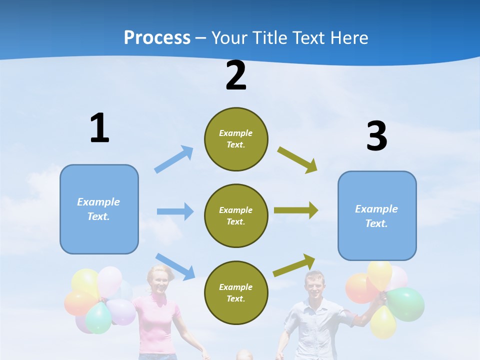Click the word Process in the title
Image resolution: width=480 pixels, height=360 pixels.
click(157, 38)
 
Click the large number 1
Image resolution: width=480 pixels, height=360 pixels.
click(99, 128)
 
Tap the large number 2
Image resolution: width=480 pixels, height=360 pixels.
click(236, 75)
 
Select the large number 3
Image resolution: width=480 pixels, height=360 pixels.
click(376, 136)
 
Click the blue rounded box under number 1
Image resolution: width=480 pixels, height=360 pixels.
click(99, 209)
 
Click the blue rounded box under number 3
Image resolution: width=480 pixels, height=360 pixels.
click(377, 215)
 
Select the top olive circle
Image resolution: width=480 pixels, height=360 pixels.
click(236, 139)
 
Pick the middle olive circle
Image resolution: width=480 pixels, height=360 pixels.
click(236, 215)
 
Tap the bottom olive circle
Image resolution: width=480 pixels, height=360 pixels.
click(236, 292)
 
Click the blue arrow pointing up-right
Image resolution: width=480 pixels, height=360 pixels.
click(174, 159)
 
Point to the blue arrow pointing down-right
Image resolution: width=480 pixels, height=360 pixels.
click(175, 266)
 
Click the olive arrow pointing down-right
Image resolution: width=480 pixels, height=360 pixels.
click(297, 160)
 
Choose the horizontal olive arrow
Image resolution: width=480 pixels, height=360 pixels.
click(295, 210)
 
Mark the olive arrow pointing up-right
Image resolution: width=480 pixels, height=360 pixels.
click(294, 265)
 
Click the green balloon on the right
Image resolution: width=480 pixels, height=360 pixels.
click(406, 304)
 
